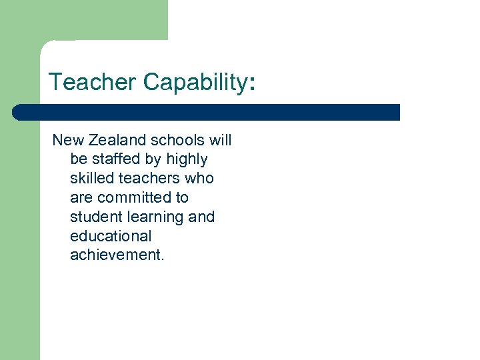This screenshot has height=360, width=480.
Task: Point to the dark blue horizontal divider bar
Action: click(x=207, y=112)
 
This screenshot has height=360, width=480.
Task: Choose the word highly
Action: click(x=187, y=159)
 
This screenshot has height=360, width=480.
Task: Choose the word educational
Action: click(x=111, y=236)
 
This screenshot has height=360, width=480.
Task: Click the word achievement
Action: click(x=116, y=255)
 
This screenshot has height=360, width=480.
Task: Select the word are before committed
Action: click(x=81, y=197)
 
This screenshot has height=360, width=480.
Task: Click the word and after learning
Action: click(x=201, y=217)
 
